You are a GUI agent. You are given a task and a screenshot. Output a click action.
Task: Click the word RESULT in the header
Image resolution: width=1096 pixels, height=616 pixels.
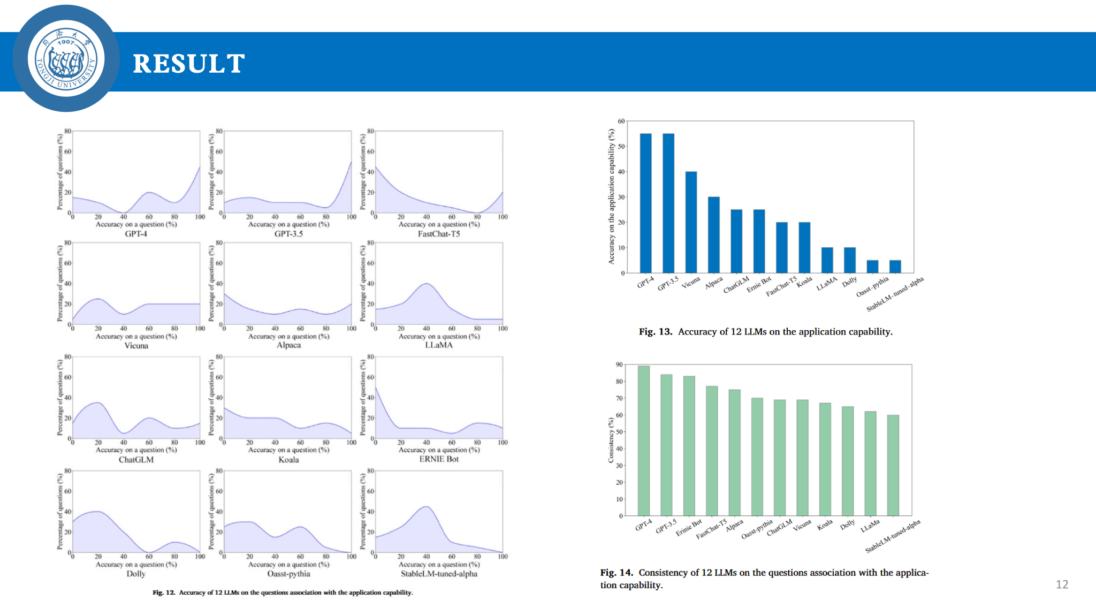188,64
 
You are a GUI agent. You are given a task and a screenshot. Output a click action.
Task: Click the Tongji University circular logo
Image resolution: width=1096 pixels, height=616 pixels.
66,59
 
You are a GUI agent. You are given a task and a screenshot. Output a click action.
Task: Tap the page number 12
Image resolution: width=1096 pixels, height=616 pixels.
1062,584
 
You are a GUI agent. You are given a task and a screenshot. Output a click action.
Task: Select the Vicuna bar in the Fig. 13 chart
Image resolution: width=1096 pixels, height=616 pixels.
691,222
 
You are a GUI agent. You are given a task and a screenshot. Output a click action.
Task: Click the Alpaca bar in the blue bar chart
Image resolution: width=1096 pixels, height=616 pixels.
713,235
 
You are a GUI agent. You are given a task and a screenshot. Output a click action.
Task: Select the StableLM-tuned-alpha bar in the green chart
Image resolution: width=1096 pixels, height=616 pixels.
893,465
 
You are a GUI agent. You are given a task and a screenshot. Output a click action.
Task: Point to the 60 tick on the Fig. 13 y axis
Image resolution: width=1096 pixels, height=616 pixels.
621,121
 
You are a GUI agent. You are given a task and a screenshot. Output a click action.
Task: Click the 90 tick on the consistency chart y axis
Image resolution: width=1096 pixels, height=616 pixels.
619,365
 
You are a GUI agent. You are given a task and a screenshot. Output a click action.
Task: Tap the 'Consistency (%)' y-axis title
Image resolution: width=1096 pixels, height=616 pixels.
611,440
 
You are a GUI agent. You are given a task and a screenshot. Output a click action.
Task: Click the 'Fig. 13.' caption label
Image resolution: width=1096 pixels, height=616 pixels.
655,332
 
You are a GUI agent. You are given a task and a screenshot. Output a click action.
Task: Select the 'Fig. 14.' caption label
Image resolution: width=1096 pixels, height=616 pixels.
616,573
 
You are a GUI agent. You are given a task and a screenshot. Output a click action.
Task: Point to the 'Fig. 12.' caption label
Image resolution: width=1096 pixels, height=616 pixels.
164,592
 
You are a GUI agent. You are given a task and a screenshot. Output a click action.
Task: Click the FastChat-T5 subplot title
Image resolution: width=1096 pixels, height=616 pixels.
439,234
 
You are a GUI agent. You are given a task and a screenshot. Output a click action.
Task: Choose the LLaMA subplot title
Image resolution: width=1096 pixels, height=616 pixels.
439,345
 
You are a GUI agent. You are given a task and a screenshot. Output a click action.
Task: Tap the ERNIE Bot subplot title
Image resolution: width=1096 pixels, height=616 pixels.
439,459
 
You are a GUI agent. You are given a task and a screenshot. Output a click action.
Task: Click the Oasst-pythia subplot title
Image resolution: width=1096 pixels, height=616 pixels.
288,574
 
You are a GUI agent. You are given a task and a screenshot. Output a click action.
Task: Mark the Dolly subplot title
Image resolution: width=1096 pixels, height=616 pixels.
136,574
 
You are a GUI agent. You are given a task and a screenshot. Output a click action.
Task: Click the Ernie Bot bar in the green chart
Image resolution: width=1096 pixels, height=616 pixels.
689,446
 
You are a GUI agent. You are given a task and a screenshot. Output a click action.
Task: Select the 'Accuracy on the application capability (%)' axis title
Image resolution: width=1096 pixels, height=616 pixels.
611,196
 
